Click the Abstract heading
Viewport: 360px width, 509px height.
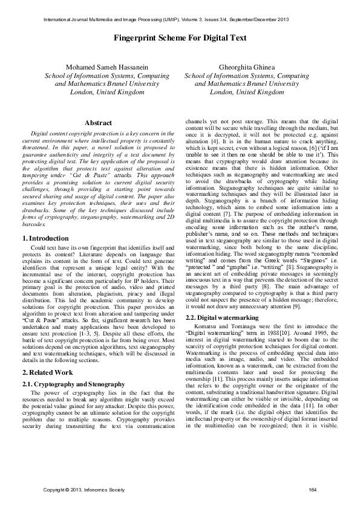coord(98,123)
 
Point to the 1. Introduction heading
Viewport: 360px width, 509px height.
coord(46,222)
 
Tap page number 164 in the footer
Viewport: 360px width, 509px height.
coord(313,489)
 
